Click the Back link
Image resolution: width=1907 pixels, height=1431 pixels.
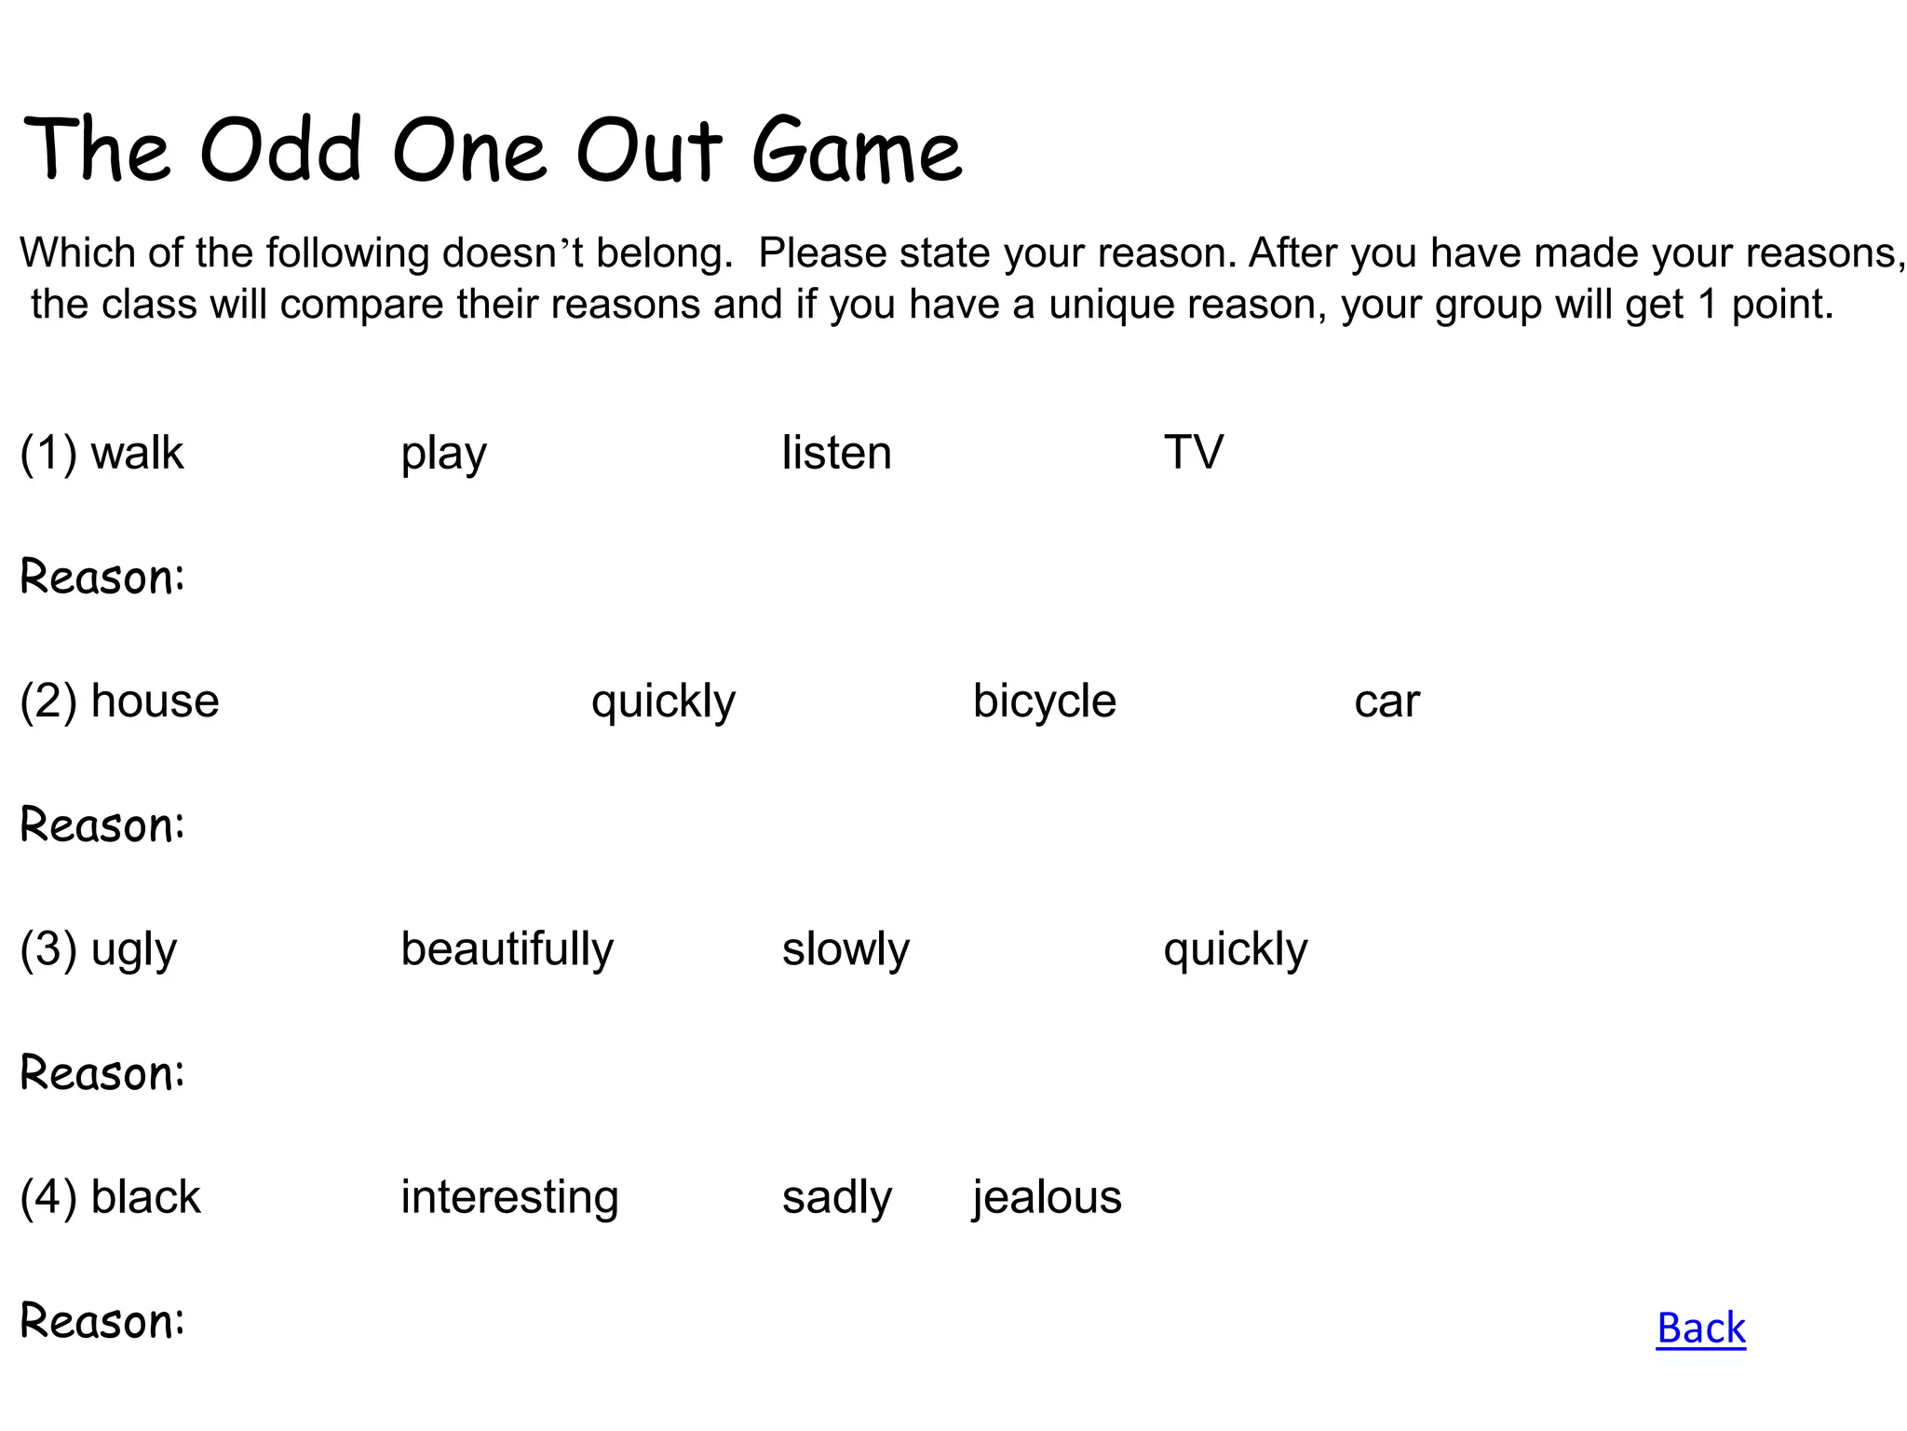click(1700, 1328)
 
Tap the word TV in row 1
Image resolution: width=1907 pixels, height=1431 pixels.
click(1193, 453)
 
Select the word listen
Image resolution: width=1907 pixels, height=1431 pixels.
click(836, 453)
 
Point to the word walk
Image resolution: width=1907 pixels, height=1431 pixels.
click(137, 453)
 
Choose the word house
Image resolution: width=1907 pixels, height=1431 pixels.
click(155, 701)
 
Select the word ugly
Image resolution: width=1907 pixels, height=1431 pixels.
click(133, 950)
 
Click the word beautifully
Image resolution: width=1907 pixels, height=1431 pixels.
click(507, 949)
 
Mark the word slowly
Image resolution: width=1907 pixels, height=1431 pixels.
click(845, 950)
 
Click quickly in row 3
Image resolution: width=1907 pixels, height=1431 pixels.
click(1235, 950)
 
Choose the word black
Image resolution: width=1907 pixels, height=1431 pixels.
click(145, 1197)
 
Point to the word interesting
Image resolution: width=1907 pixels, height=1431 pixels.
click(509, 1198)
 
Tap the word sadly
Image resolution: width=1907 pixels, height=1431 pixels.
click(836, 1198)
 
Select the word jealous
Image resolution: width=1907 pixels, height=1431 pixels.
click(1047, 1198)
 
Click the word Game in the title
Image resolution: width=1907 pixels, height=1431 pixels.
click(856, 151)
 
